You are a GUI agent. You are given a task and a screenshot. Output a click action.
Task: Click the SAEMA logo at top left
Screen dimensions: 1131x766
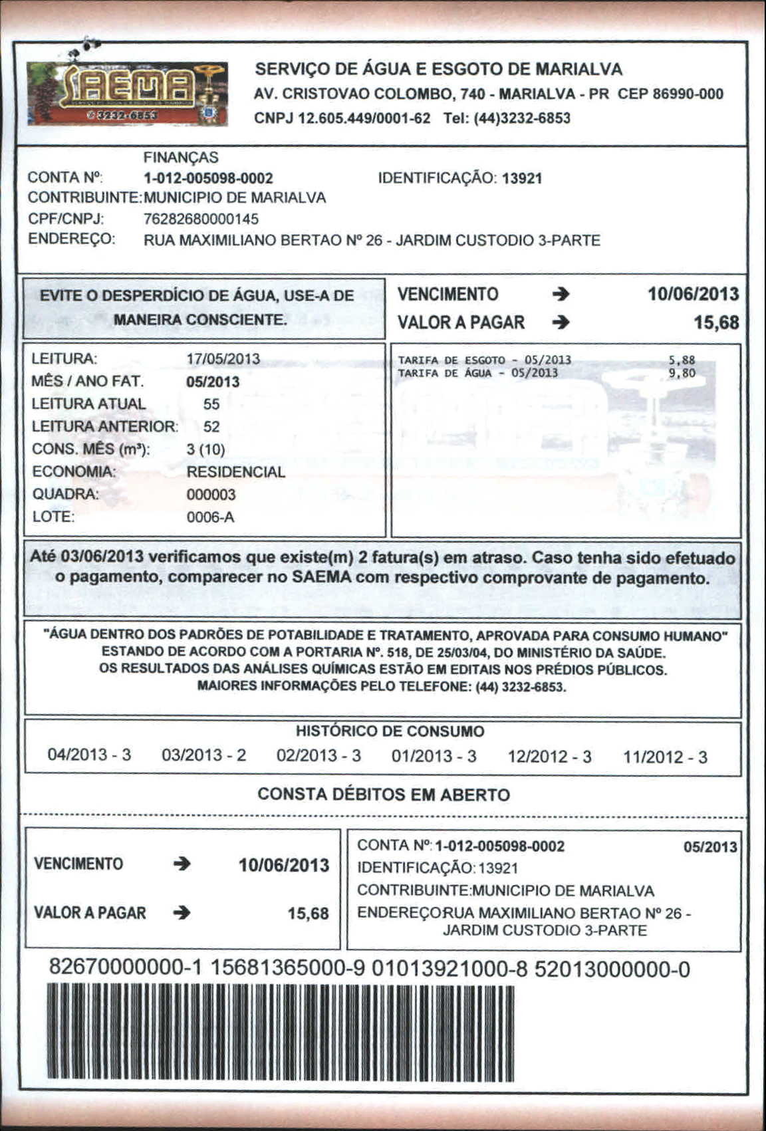point(127,94)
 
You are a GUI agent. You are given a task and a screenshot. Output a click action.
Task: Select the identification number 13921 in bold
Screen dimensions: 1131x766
point(522,178)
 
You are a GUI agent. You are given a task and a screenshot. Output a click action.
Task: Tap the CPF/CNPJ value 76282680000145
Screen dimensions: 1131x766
point(201,219)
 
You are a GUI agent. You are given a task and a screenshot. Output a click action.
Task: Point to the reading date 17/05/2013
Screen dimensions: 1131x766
point(223,359)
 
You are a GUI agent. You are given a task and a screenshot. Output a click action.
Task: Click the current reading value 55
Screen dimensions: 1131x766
point(211,404)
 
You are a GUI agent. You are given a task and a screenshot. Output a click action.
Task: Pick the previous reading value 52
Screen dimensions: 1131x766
point(211,427)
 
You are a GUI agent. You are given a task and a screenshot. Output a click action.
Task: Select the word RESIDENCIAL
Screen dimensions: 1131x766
point(235,472)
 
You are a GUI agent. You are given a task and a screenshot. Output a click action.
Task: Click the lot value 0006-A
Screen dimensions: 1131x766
point(210,517)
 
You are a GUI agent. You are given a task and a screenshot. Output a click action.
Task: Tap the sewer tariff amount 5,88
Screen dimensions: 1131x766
point(682,360)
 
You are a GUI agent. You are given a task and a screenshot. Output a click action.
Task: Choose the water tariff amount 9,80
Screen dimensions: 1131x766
point(682,373)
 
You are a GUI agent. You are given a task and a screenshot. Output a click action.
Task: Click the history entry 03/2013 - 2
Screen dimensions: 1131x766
point(203,755)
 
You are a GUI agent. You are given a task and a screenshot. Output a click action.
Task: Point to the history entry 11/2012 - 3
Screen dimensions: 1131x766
point(665,757)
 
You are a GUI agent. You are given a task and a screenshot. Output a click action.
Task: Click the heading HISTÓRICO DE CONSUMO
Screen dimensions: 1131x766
point(390,731)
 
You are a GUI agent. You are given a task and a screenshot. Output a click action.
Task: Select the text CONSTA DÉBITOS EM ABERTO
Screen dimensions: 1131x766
point(384,795)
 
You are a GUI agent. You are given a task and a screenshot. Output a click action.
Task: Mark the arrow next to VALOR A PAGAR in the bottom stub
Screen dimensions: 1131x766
point(181,913)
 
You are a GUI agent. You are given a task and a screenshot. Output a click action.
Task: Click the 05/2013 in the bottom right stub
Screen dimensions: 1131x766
point(710,847)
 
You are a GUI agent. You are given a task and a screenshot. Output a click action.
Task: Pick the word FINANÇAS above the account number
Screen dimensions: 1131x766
point(181,158)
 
